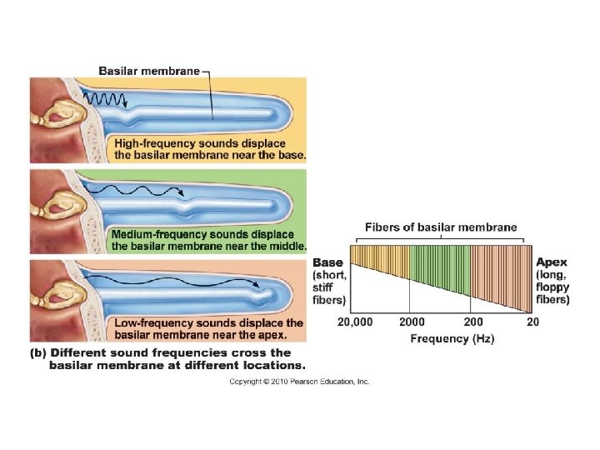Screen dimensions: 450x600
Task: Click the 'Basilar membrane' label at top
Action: (x=149, y=71)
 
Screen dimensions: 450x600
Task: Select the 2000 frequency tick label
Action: (x=412, y=322)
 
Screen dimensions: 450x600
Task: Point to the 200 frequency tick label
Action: (x=472, y=322)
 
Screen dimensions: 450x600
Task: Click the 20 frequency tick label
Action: (x=532, y=322)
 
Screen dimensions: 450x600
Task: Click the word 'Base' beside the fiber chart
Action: (x=327, y=262)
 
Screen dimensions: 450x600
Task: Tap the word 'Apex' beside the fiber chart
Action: (x=551, y=262)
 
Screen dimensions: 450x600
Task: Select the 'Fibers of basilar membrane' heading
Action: (x=441, y=227)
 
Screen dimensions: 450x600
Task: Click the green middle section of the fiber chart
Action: (x=439, y=265)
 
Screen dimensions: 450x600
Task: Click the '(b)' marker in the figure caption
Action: (x=38, y=352)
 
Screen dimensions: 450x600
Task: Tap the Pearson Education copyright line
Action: (x=299, y=382)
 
